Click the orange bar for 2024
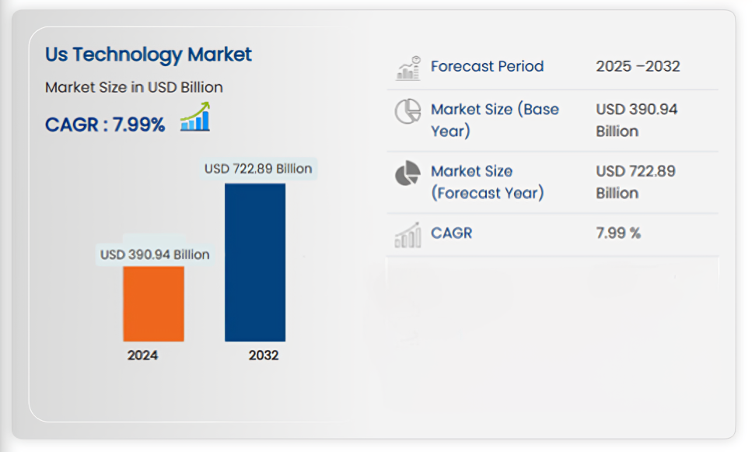153,303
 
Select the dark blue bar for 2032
255,262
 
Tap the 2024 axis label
142,356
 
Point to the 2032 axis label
264,356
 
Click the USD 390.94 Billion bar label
154,254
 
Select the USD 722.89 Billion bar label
258,169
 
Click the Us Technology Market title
148,54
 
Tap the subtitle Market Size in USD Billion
134,87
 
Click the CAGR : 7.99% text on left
105,124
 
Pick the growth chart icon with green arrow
195,118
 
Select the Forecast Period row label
487,66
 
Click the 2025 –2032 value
638,66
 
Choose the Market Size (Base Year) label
495,120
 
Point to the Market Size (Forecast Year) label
487,181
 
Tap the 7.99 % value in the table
618,233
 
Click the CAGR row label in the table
451,233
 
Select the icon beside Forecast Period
407,68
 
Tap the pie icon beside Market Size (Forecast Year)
407,173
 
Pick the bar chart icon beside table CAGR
407,234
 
